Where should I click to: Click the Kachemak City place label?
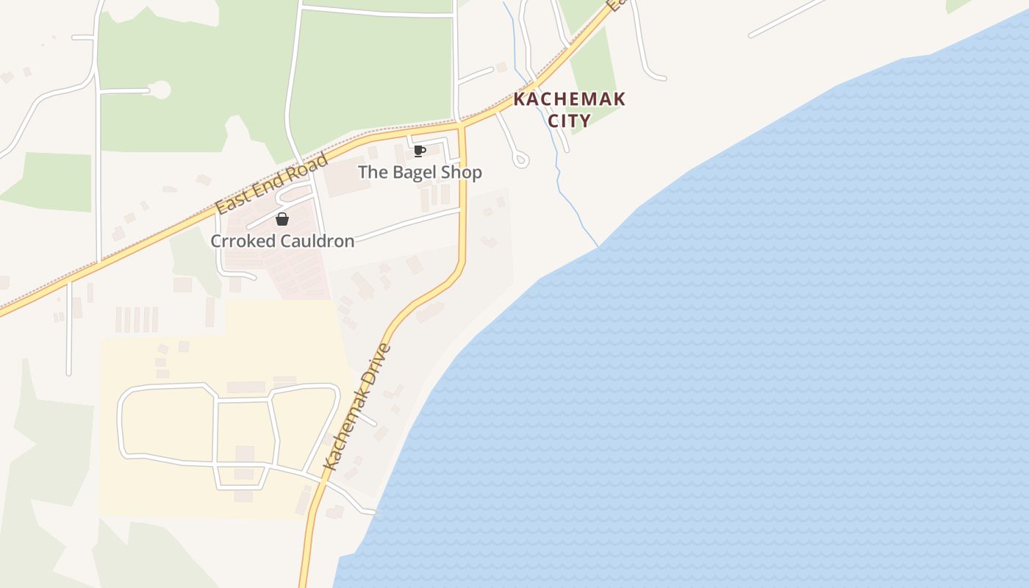point(570,110)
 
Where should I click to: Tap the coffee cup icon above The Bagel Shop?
point(420,151)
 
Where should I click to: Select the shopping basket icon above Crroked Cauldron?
point(282,219)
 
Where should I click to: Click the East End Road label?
point(271,184)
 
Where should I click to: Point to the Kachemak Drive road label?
point(358,406)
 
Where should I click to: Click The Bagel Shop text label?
point(420,173)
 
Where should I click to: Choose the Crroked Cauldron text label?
point(282,241)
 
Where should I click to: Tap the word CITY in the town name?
point(570,121)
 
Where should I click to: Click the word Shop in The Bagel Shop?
point(462,173)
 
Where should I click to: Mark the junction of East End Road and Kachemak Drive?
point(462,126)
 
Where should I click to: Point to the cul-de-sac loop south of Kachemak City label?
point(520,159)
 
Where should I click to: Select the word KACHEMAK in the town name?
point(570,99)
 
